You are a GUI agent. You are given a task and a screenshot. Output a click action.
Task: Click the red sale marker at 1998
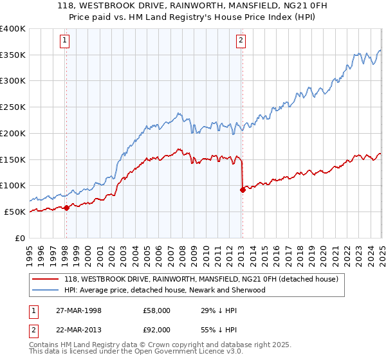click(67, 208)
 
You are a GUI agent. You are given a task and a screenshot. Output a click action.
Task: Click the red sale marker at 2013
click(243, 190)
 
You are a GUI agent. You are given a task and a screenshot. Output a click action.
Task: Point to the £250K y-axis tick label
click(13, 107)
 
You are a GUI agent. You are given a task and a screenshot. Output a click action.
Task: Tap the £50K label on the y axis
click(15, 212)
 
